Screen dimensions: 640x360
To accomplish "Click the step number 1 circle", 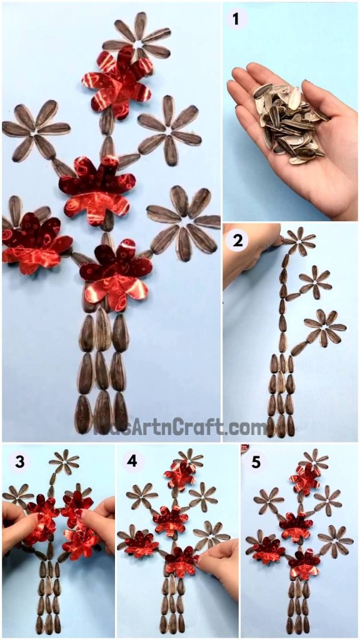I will tap(236, 19).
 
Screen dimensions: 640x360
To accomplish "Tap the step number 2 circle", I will tap(236, 239).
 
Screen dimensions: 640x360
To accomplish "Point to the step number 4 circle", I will tap(132, 462).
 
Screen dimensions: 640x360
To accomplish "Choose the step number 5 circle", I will tap(256, 462).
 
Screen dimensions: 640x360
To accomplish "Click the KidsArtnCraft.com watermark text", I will tap(181, 427).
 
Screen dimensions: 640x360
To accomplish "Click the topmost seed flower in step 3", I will tap(64, 461).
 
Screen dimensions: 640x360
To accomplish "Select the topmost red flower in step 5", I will tap(304, 479).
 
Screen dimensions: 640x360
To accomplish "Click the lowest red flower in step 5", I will tap(304, 564).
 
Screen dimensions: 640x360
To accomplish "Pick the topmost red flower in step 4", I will tap(179, 476).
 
